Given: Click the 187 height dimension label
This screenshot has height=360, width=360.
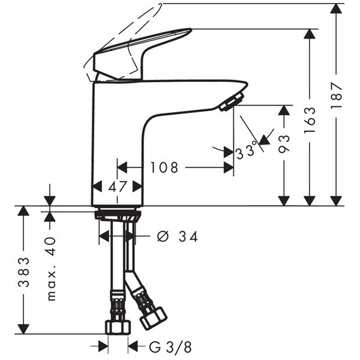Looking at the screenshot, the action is [x=337, y=96].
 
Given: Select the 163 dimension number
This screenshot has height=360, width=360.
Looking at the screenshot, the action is [x=310, y=121].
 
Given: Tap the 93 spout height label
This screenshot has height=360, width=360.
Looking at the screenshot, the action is [x=284, y=144].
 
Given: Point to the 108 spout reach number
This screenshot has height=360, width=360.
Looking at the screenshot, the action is [x=164, y=167].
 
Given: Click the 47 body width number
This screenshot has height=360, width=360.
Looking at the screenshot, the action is [x=118, y=187].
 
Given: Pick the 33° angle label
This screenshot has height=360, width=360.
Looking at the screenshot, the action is [x=246, y=151].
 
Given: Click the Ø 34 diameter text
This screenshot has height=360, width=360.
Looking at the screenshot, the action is [x=178, y=236].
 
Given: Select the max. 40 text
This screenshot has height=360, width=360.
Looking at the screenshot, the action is [x=51, y=269].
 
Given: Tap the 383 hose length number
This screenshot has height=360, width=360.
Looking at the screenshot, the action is [x=23, y=272].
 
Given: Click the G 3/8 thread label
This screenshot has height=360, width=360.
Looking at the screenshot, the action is [x=170, y=347].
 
